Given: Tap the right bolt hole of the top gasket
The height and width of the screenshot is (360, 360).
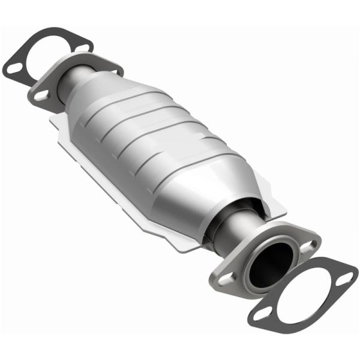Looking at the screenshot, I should [x=83, y=45].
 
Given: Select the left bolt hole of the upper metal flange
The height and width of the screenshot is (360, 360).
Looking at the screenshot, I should [x=41, y=94].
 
